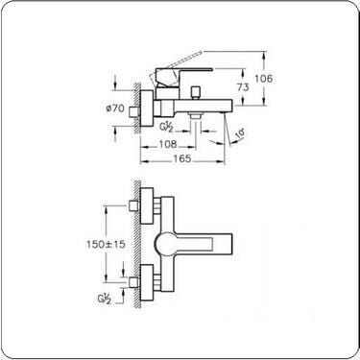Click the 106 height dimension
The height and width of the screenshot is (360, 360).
pyautogui.click(x=264, y=79)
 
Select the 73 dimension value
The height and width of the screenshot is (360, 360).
pyautogui.click(x=243, y=86)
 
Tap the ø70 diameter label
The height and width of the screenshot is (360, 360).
pyautogui.click(x=115, y=108)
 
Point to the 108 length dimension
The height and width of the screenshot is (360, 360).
pyautogui.click(x=168, y=144)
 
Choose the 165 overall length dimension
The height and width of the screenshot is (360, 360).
pyautogui.click(x=182, y=158)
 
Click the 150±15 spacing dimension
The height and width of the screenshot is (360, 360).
pyautogui.click(x=106, y=244)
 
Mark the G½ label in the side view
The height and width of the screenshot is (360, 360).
pyautogui.click(x=166, y=127)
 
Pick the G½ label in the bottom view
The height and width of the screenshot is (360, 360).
pyautogui.click(x=105, y=299)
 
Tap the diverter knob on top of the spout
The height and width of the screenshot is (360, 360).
pyautogui.click(x=195, y=92)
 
